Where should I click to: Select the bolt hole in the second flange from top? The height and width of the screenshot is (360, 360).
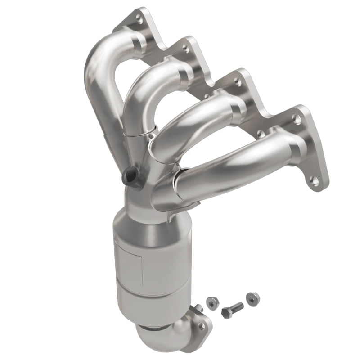click(x=184, y=46)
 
